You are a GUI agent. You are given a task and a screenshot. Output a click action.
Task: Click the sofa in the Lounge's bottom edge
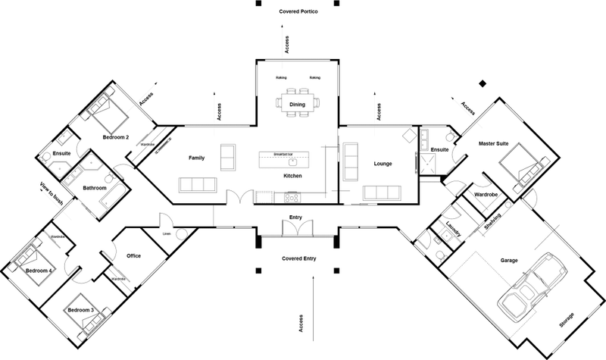tap(382, 193)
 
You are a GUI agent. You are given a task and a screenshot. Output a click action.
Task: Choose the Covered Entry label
tap(298, 258)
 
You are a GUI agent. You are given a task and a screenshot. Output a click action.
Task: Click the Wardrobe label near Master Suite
tap(486, 194)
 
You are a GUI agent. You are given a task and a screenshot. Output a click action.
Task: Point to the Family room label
tap(198, 158)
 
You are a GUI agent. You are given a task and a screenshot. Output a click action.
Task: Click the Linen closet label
tap(167, 233)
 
